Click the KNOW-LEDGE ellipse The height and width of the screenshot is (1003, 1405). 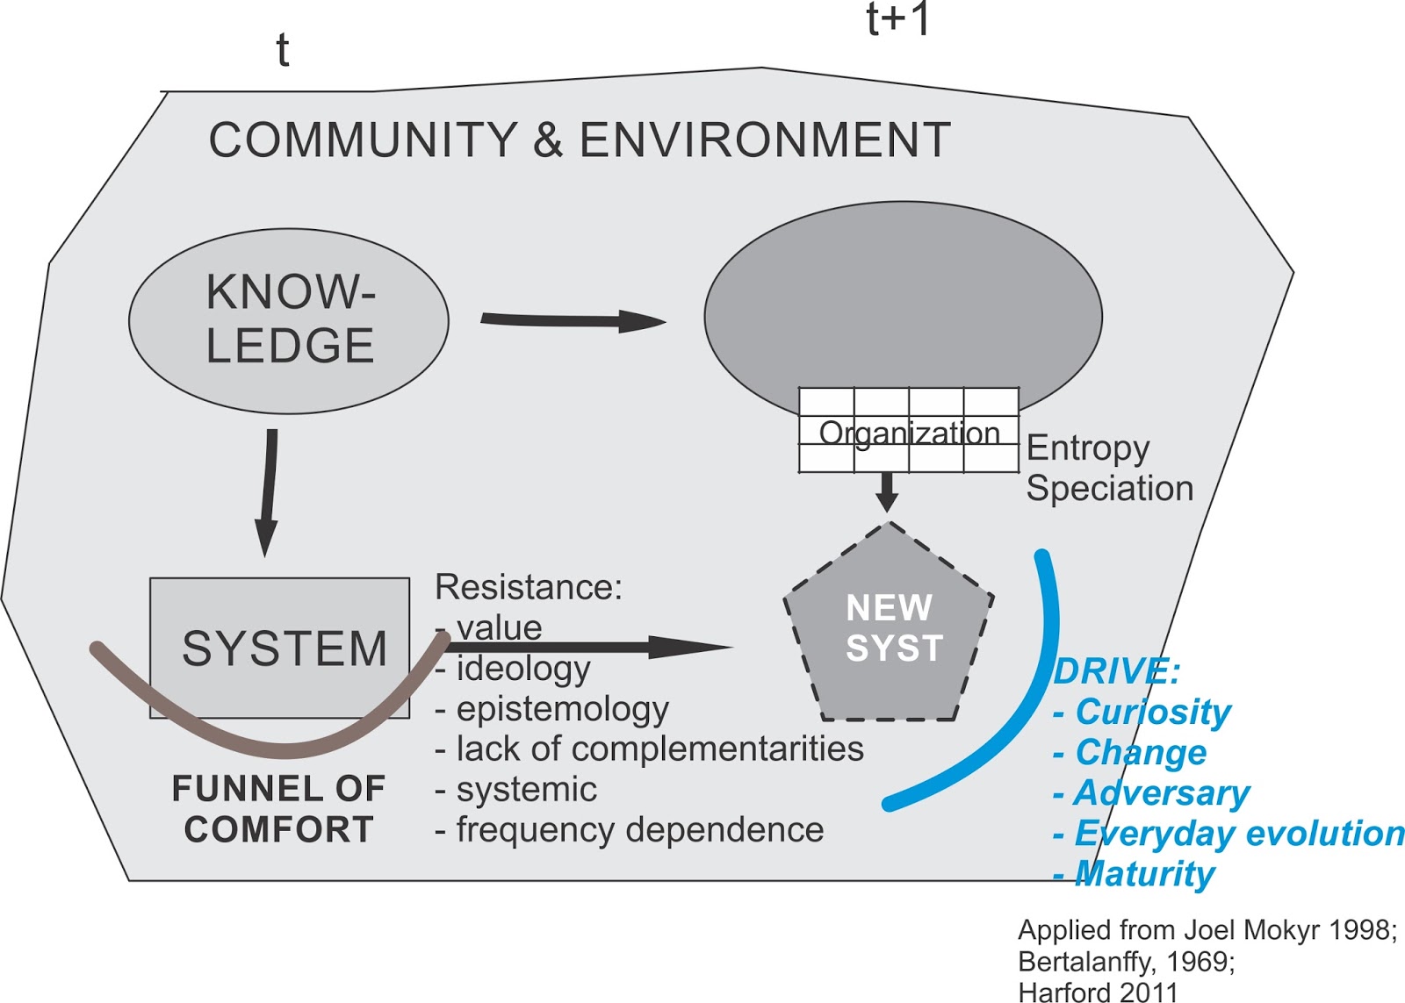click(x=288, y=320)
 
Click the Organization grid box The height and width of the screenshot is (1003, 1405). click(x=908, y=431)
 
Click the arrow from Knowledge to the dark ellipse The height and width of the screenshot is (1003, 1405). click(x=571, y=320)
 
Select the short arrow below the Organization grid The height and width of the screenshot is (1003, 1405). click(x=887, y=492)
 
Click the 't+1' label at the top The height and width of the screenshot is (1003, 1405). click(x=897, y=19)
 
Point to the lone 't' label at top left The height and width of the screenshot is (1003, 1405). click(x=282, y=51)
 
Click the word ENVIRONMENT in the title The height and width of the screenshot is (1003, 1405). click(x=764, y=140)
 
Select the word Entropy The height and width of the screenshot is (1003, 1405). click(x=1087, y=448)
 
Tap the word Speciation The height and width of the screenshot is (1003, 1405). click(x=1109, y=488)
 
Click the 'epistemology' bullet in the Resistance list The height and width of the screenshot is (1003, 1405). click(x=562, y=709)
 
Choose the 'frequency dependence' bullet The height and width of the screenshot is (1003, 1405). click(x=639, y=829)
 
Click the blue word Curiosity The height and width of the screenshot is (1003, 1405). click(x=1152, y=712)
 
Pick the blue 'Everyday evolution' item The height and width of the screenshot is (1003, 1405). click(x=1238, y=834)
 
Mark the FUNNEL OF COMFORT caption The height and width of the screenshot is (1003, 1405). click(x=279, y=808)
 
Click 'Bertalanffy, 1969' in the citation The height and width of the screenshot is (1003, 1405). click(x=1126, y=962)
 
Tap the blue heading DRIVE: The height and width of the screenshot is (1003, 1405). click(x=1116, y=672)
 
